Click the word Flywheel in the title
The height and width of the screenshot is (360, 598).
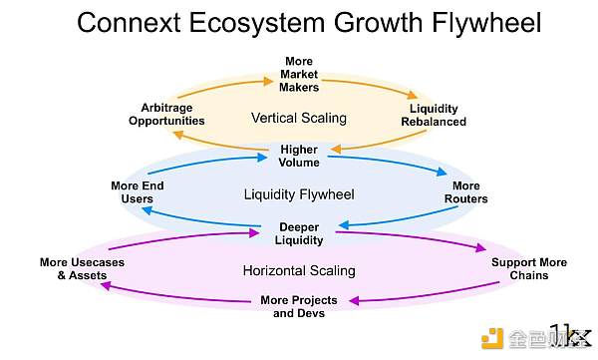(486, 23)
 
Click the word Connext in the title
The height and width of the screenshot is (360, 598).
(129, 22)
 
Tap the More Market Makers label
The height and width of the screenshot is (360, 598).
(299, 74)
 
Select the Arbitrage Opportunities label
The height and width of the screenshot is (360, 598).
(166, 114)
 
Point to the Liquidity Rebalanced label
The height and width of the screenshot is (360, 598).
(434, 115)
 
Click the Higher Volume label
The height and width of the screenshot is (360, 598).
(299, 156)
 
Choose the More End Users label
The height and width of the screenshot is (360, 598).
(138, 192)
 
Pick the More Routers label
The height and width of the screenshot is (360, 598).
(466, 192)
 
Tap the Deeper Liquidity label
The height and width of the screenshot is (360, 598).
(299, 233)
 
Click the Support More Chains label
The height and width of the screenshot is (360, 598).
(529, 269)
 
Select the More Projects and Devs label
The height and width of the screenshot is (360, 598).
(299, 306)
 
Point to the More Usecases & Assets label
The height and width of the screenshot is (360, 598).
(82, 269)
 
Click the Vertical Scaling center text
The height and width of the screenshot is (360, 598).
(299, 118)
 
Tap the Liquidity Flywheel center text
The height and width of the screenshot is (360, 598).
(299, 194)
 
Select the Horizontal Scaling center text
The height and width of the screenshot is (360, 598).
(299, 271)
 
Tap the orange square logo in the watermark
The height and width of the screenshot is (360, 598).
(492, 338)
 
